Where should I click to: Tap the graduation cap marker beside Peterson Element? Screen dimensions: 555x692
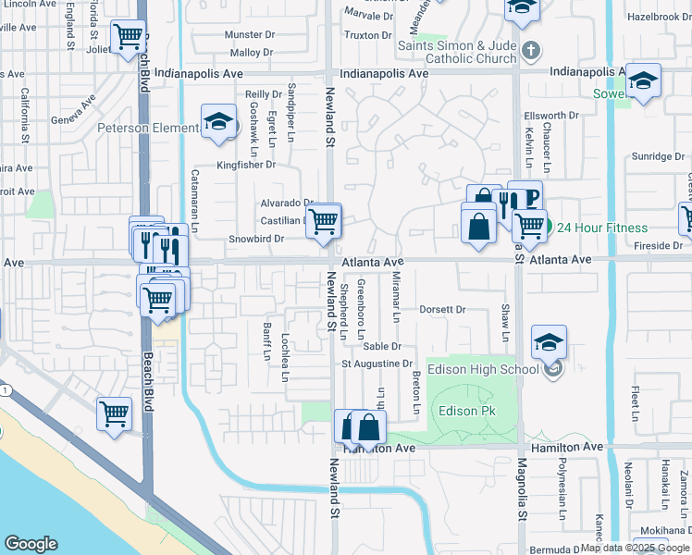pos(219,122)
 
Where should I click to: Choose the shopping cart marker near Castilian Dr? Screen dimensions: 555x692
pos(324,221)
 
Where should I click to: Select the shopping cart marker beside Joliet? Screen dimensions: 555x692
pos(128,38)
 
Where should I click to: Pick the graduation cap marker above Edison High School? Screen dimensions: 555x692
pos(549,341)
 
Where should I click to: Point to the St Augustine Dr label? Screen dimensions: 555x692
pos(377,364)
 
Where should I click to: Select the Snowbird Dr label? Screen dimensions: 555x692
pos(255,239)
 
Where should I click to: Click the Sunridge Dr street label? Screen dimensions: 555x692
pos(658,156)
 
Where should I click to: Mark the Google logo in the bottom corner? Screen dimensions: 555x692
pos(31,544)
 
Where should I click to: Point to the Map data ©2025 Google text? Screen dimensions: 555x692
pos(636,548)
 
